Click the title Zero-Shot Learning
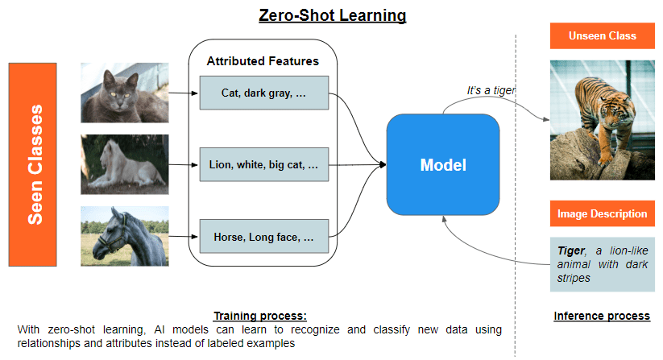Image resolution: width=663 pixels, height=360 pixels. tap(332, 15)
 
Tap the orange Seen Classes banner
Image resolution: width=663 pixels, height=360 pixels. tap(32, 164)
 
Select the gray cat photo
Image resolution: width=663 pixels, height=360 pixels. tap(124, 93)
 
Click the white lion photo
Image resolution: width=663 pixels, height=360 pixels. tap(124, 164)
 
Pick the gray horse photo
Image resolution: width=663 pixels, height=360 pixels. tap(124, 236)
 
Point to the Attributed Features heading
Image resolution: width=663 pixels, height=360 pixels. tap(263, 61)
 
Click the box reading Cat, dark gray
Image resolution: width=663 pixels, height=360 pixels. tap(263, 93)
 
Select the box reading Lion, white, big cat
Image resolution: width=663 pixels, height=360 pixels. tap(263, 164)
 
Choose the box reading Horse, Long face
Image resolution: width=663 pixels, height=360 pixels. tap(263, 237)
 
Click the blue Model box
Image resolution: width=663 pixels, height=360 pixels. tap(443, 165)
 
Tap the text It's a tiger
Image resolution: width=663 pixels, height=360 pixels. tap(491, 90)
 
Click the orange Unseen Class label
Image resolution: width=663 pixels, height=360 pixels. tap(602, 36)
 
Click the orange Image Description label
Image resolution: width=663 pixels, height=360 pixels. tap(602, 213)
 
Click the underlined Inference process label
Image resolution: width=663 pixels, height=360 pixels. tap(602, 316)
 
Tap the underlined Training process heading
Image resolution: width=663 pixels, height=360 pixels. tap(259, 316)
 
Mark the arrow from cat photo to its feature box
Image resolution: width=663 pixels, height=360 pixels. tap(184, 93)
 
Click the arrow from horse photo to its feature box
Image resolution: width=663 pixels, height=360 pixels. tap(184, 237)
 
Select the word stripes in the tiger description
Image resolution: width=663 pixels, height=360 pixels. tap(573, 278)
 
